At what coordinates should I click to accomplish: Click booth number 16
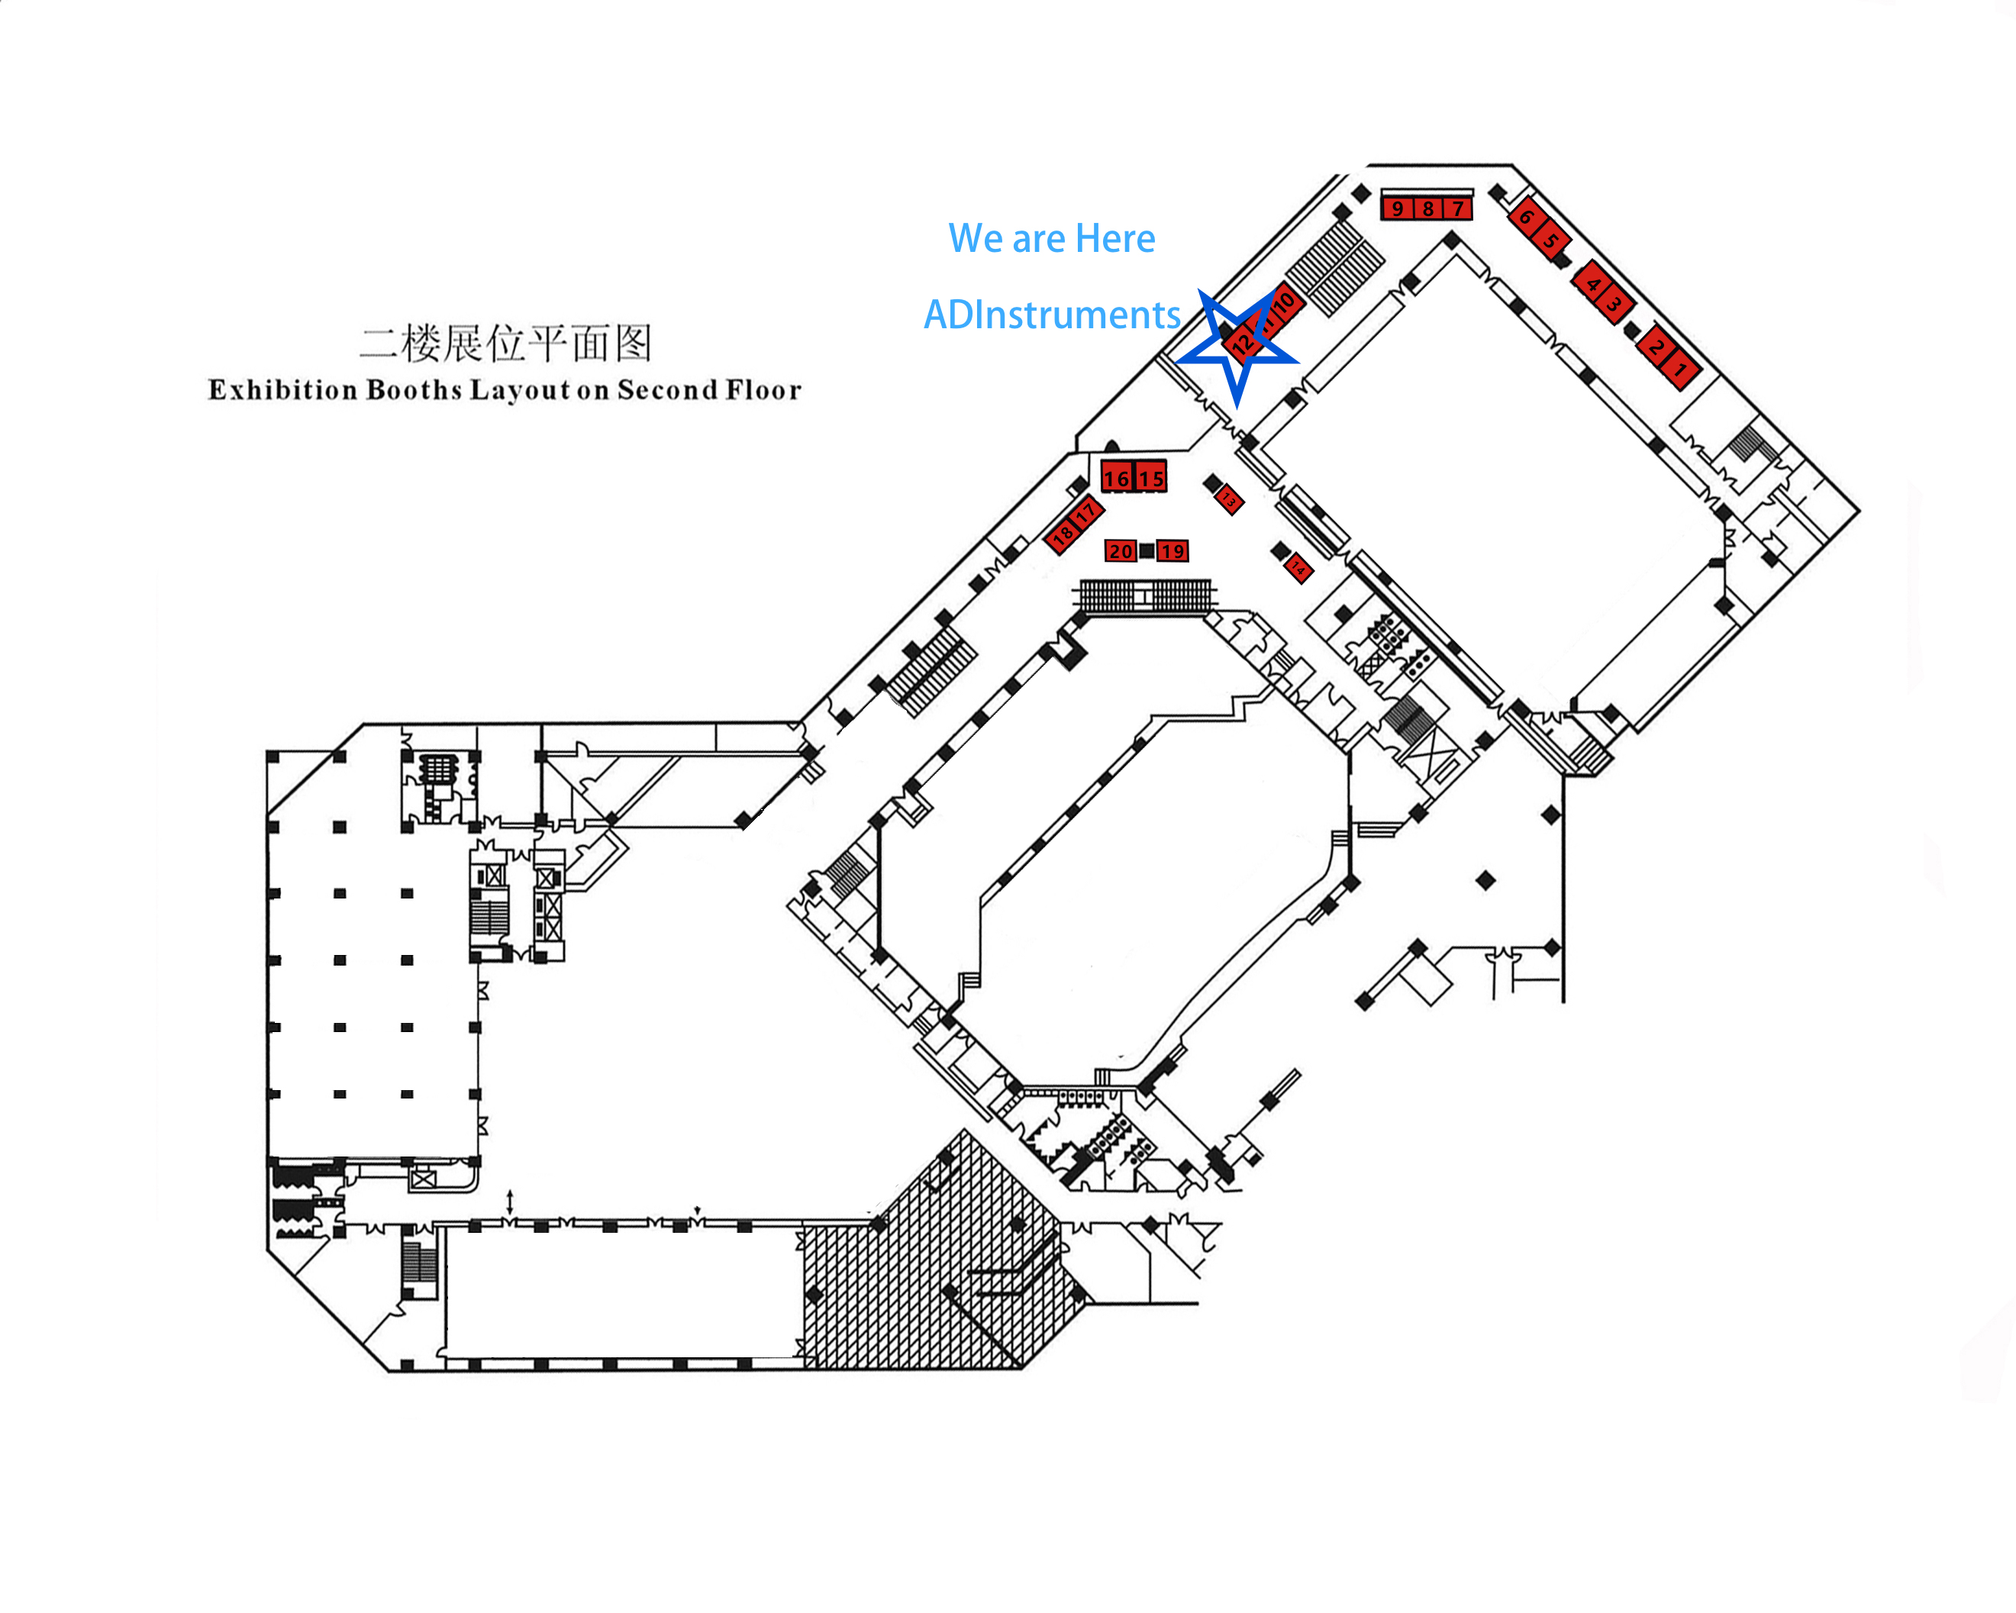[x=1117, y=478]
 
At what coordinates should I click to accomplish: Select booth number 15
[x=1151, y=478]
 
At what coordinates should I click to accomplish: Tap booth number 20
[x=1121, y=550]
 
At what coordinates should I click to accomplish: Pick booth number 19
[x=1173, y=550]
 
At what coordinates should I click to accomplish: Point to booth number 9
[x=1397, y=208]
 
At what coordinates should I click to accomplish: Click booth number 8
[x=1428, y=208]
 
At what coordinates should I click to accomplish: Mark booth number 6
[x=1526, y=217]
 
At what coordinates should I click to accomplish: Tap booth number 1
[x=1680, y=369]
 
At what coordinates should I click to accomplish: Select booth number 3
[x=1613, y=304]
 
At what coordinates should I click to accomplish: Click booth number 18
[x=1063, y=536]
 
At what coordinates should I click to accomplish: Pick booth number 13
[x=1229, y=500]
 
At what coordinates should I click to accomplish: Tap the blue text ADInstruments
[x=1052, y=315]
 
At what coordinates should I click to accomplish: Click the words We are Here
[x=1051, y=238]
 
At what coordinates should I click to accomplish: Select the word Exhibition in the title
[x=282, y=389]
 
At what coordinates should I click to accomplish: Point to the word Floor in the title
[x=764, y=389]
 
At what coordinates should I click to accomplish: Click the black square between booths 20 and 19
[x=1147, y=550]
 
